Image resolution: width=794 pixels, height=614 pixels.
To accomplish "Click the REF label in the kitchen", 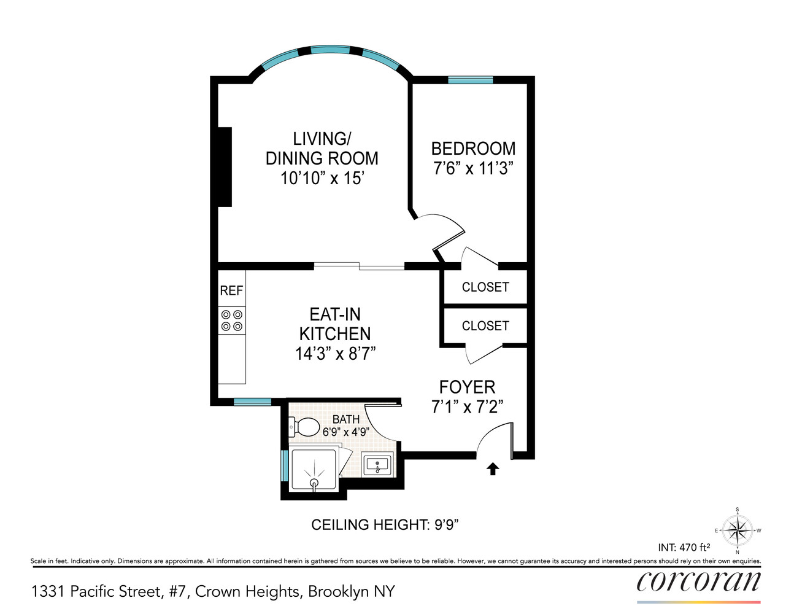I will [x=231, y=291].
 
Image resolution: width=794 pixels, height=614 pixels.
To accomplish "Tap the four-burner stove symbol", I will [x=232, y=321].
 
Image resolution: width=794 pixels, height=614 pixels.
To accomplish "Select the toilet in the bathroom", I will [x=305, y=426].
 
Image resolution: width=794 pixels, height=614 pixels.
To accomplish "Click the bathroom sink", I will [x=376, y=465].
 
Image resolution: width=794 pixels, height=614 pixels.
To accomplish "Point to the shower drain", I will [x=314, y=483].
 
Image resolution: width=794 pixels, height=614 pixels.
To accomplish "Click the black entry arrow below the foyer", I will [x=492, y=469].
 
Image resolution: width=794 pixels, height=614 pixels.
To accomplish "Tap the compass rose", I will [x=736, y=530].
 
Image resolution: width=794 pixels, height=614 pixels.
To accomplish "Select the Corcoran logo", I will [x=698, y=581].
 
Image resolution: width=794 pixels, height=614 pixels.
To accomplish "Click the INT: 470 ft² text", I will [x=684, y=547].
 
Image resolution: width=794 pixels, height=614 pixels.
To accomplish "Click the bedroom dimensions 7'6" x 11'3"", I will [x=472, y=169].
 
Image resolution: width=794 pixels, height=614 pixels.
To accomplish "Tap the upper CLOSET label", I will [x=485, y=287].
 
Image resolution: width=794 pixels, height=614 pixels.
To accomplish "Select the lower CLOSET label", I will [x=485, y=326].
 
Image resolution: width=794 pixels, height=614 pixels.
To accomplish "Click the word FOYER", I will [x=467, y=387].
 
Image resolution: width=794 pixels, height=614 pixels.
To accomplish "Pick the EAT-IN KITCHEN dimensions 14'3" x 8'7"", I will [x=335, y=354].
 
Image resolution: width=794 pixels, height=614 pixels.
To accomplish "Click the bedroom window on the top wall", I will [x=470, y=79].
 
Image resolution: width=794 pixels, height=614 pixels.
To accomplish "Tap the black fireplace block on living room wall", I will [x=225, y=166].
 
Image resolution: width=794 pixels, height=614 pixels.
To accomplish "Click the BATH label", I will [x=346, y=419].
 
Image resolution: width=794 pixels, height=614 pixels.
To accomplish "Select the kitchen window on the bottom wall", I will [x=252, y=402].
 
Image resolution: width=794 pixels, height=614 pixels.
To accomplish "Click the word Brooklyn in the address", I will [x=339, y=592].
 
